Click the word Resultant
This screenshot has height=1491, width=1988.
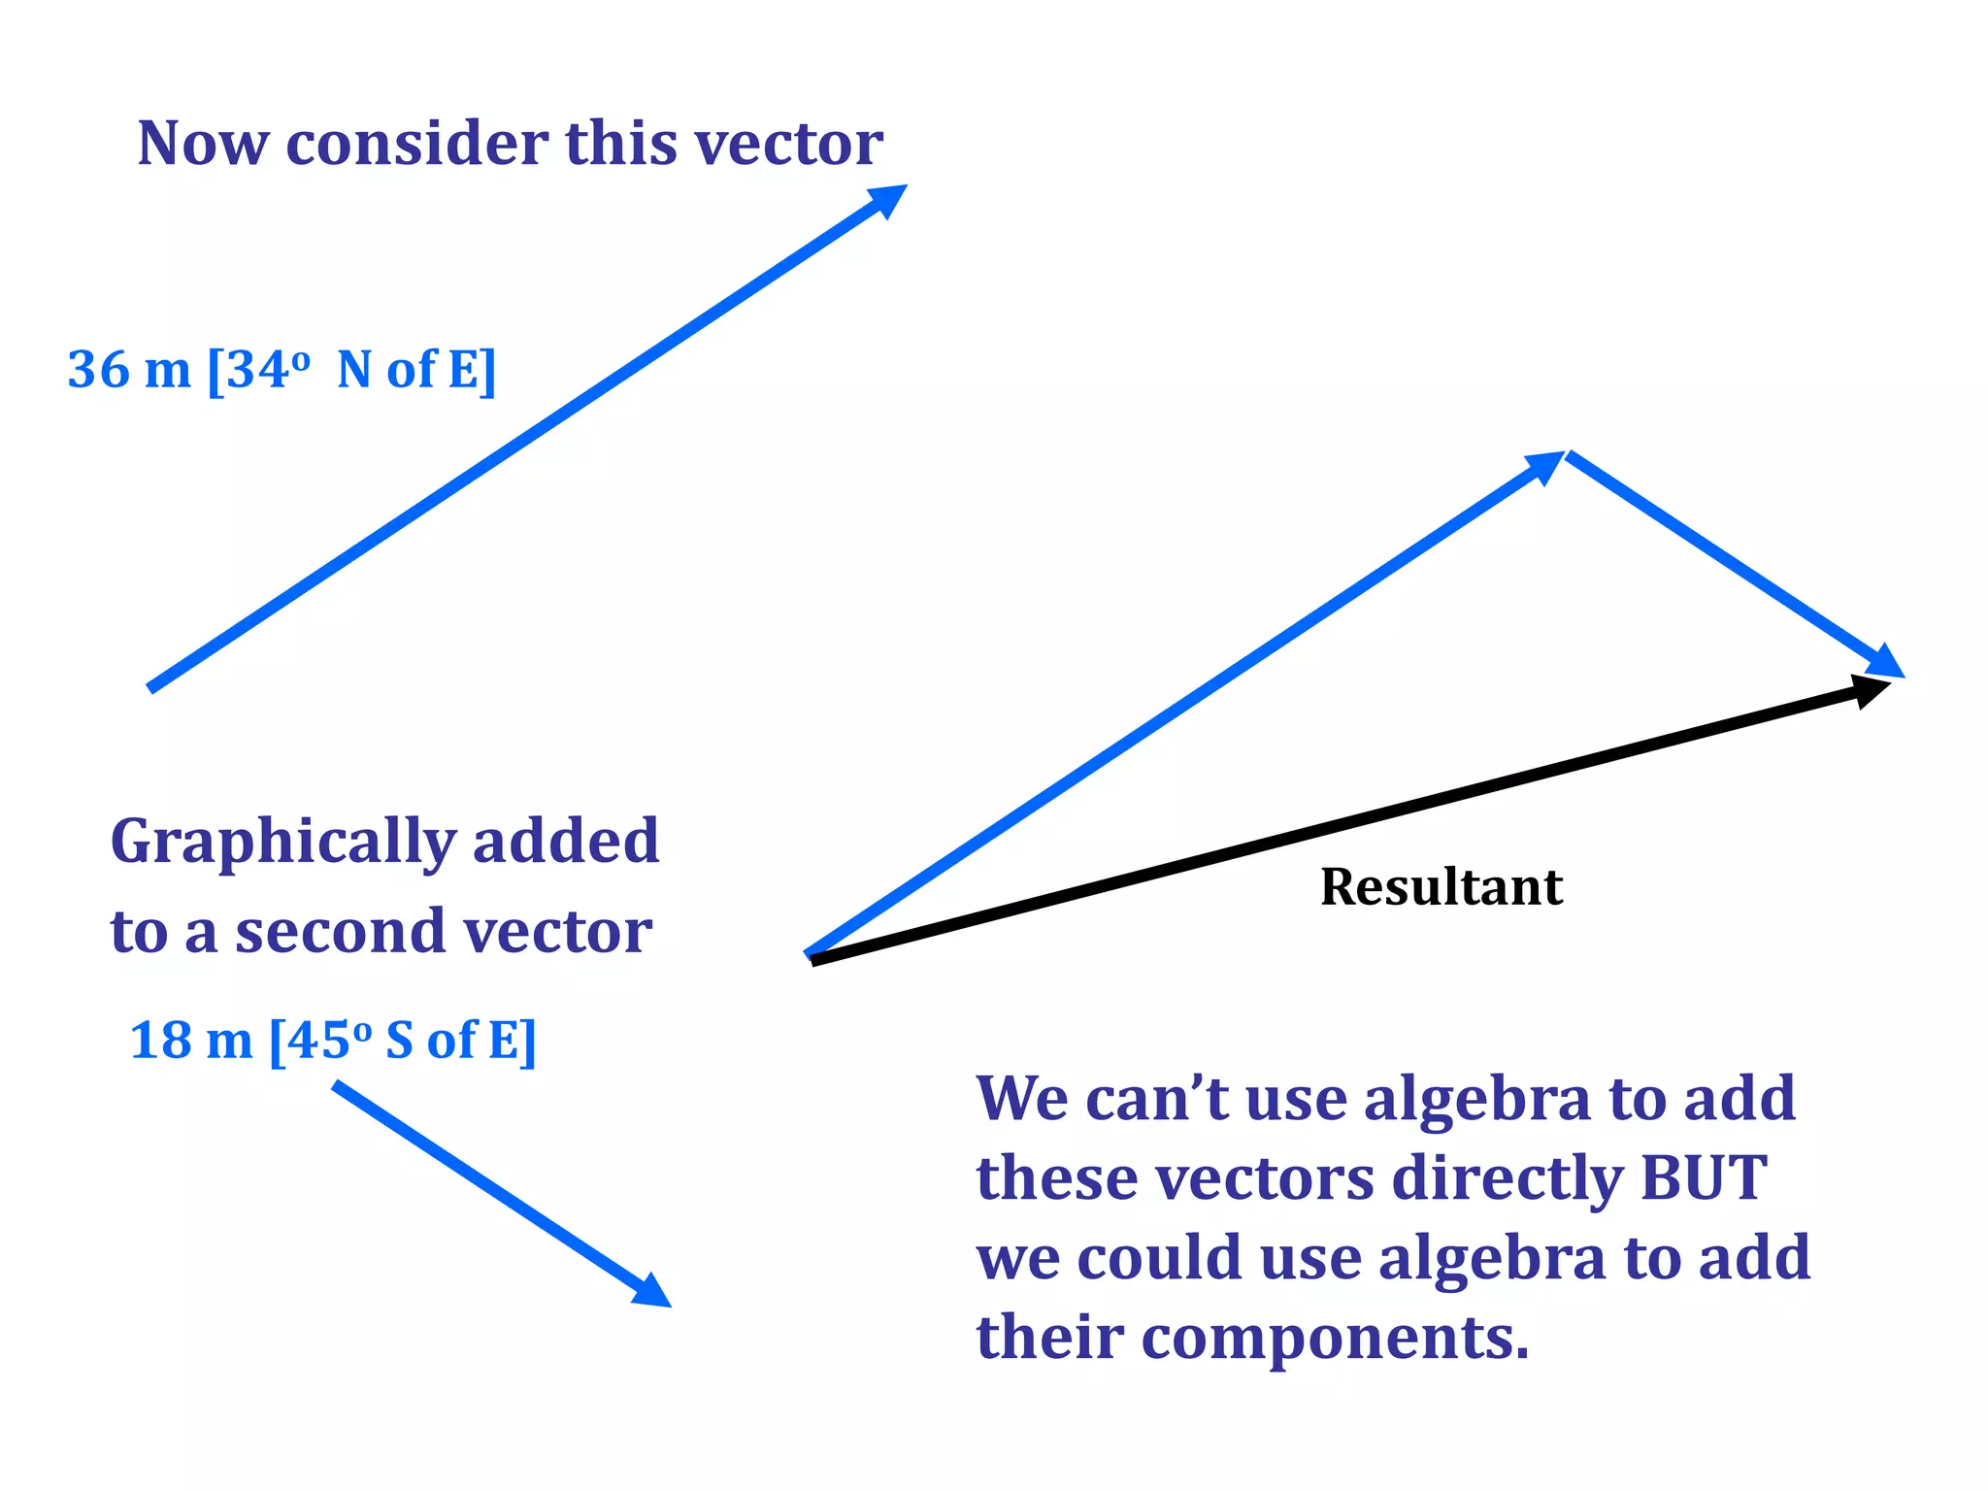(1441, 886)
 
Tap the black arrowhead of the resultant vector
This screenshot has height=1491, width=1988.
(1870, 689)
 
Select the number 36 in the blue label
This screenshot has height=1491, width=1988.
(98, 370)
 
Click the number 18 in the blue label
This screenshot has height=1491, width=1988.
(160, 1041)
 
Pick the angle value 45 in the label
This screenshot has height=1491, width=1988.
(317, 1041)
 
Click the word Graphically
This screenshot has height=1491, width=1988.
(282, 843)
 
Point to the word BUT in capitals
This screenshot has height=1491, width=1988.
(1703, 1177)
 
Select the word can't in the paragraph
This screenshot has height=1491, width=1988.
(1156, 1099)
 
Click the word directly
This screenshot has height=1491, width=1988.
(1506, 1177)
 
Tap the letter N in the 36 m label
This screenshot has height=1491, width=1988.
(354, 370)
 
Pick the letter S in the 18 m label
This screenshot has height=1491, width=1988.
(400, 1041)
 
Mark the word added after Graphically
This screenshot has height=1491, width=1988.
(566, 841)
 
